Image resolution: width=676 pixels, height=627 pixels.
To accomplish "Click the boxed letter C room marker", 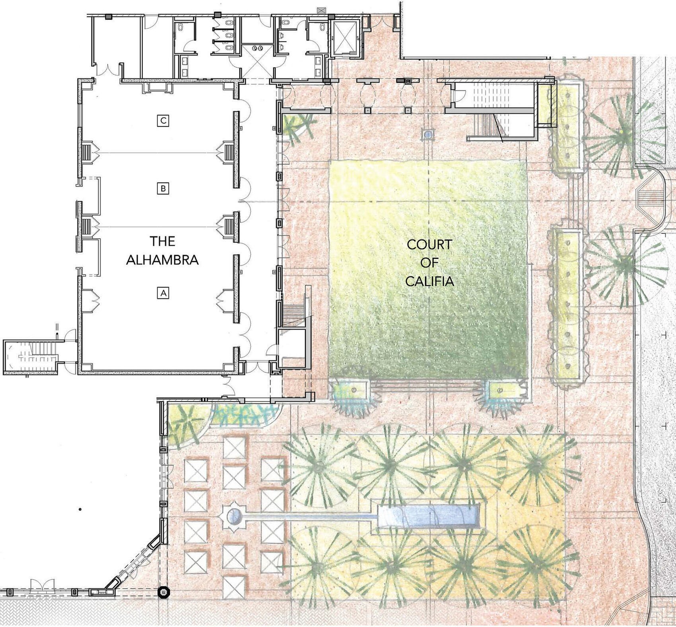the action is [x=163, y=121].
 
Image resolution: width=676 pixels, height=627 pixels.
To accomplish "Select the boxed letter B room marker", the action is [x=163, y=188].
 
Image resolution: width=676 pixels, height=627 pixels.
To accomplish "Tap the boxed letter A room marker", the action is [x=163, y=293].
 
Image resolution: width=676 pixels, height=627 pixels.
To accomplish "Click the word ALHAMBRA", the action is [x=162, y=260].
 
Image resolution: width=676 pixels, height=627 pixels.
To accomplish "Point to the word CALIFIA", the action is [x=429, y=282].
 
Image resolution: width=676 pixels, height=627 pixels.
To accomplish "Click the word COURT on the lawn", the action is [x=429, y=244].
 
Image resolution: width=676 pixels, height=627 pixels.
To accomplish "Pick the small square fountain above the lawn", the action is [x=428, y=134].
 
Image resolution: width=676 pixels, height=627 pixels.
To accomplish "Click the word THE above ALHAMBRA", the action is [x=162, y=241].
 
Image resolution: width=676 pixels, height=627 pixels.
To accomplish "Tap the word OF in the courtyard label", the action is [x=429, y=263].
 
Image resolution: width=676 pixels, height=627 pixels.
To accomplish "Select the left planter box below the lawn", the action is [x=352, y=389].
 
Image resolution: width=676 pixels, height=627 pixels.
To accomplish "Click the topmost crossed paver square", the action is [x=235, y=448].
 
